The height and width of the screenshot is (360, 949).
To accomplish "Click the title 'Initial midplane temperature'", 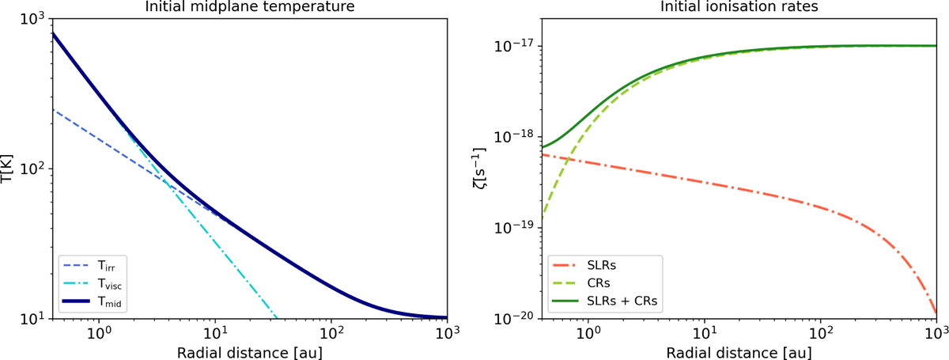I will click(x=250, y=7).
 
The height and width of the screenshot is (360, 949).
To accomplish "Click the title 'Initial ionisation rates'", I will click(x=740, y=7).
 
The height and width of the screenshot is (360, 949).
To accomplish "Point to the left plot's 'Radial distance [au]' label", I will click(x=250, y=351).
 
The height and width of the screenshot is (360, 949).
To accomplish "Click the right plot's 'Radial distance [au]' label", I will click(x=740, y=351).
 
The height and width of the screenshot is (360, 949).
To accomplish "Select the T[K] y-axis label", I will click(x=9, y=168).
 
